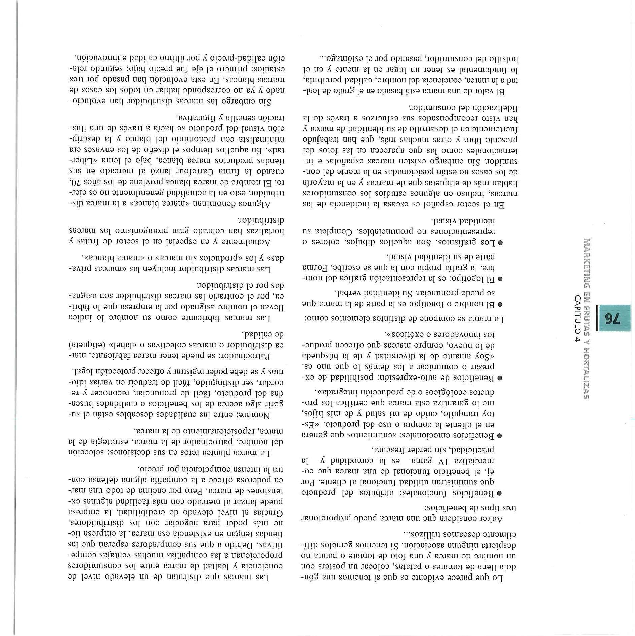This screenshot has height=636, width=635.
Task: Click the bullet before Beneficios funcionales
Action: tap(500, 493)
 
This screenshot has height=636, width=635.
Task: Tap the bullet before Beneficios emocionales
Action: tap(500, 436)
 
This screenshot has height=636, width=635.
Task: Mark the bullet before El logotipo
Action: tap(500, 279)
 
